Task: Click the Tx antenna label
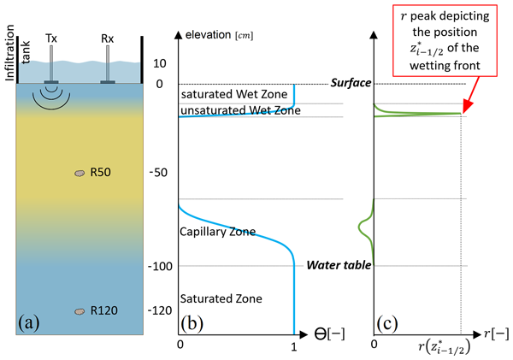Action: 51,37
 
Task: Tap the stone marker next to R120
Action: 80,311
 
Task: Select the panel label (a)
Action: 27,323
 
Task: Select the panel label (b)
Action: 192,323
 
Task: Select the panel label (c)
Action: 386,323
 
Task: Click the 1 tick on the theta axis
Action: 294,345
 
